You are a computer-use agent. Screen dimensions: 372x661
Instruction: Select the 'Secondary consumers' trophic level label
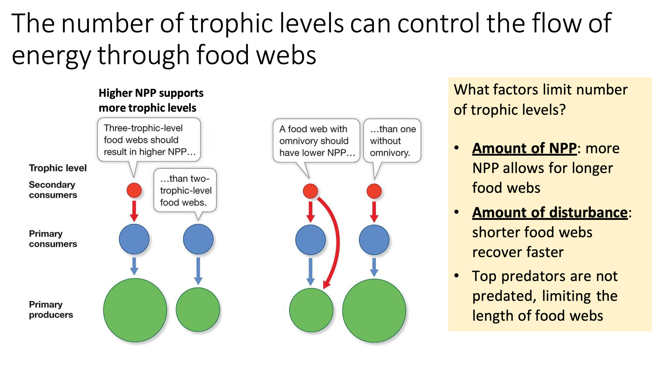pos(53,190)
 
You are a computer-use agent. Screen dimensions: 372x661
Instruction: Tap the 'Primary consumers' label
pos(53,239)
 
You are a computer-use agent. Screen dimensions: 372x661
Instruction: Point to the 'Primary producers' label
pos(51,310)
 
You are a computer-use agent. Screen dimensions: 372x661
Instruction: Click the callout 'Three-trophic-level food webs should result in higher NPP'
pos(149,140)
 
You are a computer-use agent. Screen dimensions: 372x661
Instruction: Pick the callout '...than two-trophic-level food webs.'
pos(185,191)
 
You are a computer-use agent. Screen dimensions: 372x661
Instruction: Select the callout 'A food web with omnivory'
pos(316,141)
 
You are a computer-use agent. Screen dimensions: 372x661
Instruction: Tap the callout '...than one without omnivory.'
pos(392,141)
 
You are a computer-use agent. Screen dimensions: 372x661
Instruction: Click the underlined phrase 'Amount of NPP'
pos(524,148)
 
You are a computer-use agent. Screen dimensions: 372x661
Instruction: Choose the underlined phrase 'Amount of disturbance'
pos(550,212)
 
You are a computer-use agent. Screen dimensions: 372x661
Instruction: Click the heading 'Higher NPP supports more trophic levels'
pos(151,100)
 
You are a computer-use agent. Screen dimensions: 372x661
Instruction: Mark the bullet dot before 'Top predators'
pos(457,276)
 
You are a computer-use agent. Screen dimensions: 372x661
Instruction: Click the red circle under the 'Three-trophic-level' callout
pos(134,191)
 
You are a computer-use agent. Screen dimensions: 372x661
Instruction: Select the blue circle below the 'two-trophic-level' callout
pos(198,239)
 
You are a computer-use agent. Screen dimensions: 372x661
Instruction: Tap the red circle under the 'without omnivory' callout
pos(374,191)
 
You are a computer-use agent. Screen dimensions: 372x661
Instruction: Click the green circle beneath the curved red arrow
pos(311,310)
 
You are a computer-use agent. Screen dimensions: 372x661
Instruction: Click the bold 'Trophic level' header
pos(58,168)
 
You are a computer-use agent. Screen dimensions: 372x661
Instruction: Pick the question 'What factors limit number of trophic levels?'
pos(540,100)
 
